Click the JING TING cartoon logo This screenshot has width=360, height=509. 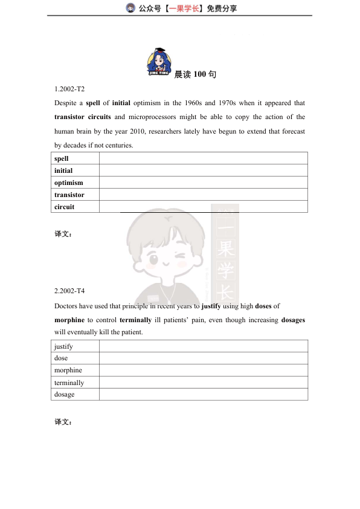coord(159,62)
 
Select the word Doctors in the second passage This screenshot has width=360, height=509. coord(66,306)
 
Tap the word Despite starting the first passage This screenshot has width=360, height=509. coord(65,103)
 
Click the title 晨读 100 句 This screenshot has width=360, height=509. coord(195,74)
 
